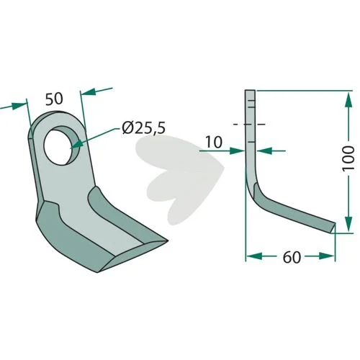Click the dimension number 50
[x=54, y=99]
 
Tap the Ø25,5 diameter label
[x=144, y=128]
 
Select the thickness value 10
[x=214, y=142]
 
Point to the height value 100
[x=348, y=158]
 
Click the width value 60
[x=292, y=257]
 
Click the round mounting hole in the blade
[x=62, y=145]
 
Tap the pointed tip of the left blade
[x=167, y=240]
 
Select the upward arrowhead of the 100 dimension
[x=348, y=100]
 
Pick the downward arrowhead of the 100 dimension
[x=348, y=224]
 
